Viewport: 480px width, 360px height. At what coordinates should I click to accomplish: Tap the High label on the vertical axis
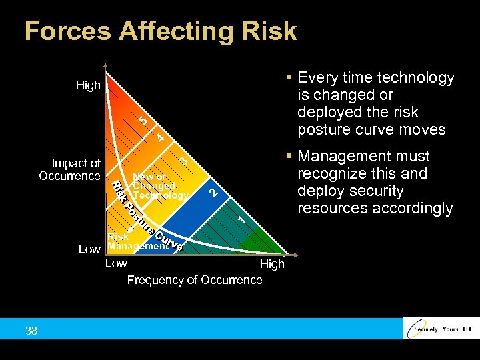click(x=88, y=85)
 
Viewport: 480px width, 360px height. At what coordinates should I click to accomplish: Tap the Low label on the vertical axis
click(x=89, y=249)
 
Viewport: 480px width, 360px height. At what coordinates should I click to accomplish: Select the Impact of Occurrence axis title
click(x=70, y=169)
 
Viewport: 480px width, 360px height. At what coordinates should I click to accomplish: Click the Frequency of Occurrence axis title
click(x=195, y=280)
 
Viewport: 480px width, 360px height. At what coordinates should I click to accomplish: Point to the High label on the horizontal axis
click(x=272, y=264)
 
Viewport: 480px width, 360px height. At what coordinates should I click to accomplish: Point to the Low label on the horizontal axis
click(x=117, y=263)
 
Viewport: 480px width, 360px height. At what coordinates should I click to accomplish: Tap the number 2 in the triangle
click(x=213, y=193)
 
